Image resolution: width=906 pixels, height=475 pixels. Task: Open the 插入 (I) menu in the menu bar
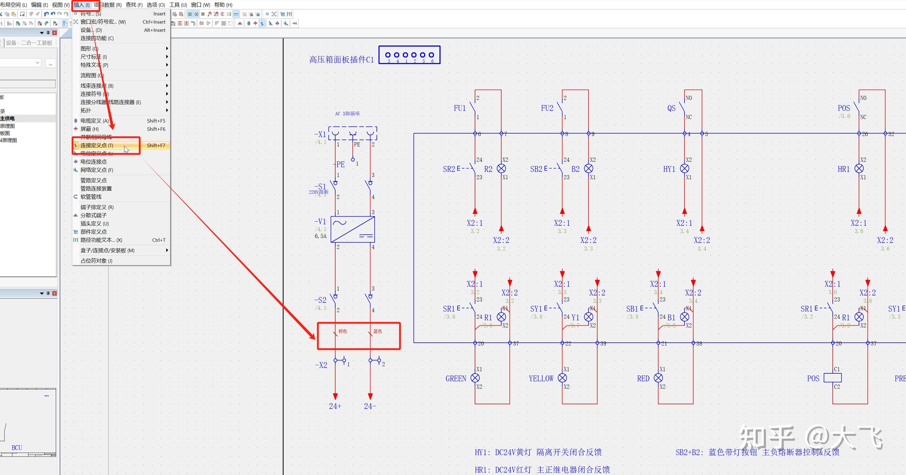[81, 5]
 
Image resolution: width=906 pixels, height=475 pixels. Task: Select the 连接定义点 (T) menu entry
[97, 145]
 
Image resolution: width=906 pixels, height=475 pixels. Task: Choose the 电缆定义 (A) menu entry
[94, 121]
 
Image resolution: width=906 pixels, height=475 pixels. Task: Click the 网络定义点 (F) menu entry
[96, 170]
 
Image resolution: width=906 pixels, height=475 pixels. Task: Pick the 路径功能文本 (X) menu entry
[101, 240]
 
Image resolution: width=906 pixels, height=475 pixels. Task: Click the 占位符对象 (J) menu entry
[96, 261]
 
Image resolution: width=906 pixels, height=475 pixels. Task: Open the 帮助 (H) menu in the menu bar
[223, 5]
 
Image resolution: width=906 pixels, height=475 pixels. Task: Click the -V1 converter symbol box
[352, 229]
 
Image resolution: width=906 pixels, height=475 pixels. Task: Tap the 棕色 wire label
[342, 331]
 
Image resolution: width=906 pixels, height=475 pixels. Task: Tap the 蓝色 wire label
[378, 331]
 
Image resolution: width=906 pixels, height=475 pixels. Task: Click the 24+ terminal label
[335, 406]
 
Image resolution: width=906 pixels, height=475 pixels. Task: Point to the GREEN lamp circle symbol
[475, 378]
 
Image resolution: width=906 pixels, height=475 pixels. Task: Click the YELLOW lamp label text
[541, 379]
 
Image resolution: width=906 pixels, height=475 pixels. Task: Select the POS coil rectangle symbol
[833, 378]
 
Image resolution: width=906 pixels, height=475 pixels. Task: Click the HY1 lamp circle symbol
[684, 169]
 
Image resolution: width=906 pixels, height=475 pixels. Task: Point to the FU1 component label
[459, 108]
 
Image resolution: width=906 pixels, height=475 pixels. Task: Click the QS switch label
[671, 108]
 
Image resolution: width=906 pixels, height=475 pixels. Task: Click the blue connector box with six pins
[409, 55]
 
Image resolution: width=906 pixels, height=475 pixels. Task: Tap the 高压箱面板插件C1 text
[341, 60]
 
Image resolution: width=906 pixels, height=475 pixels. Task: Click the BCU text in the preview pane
[17, 448]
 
